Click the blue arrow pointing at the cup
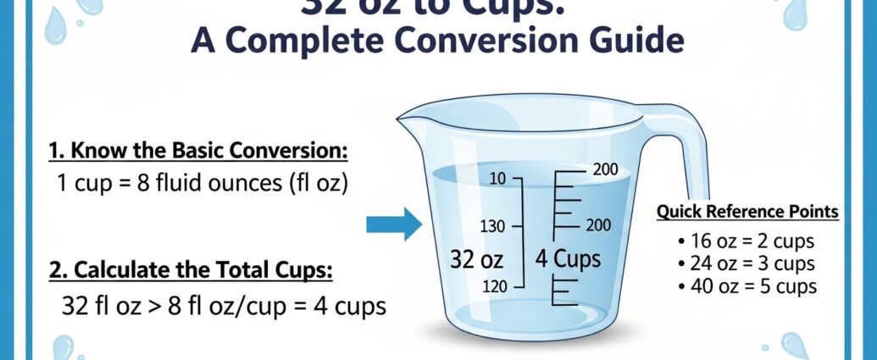(x=393, y=225)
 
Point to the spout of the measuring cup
(x=405, y=125)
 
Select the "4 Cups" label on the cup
(x=566, y=258)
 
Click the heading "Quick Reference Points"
(x=748, y=212)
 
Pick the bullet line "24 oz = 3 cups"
(x=747, y=263)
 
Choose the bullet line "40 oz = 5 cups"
(x=747, y=286)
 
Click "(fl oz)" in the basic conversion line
(x=317, y=183)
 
